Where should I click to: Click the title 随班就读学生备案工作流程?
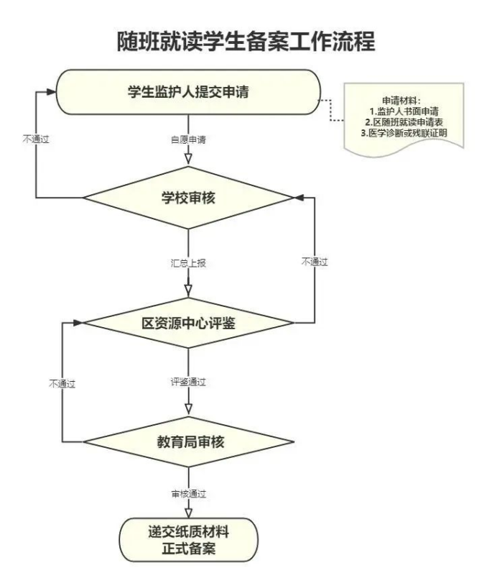(246, 41)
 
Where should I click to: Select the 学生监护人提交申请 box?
(188, 91)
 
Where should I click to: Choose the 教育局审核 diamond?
(188, 441)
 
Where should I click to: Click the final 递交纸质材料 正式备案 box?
(188, 540)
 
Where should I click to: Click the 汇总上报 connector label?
(188, 262)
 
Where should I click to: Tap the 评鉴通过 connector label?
(188, 382)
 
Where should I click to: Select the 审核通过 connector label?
(188, 494)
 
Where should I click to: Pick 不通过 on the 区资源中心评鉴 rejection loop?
(314, 262)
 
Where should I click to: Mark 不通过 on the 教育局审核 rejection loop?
(62, 382)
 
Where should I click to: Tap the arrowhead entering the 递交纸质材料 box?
(188, 512)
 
